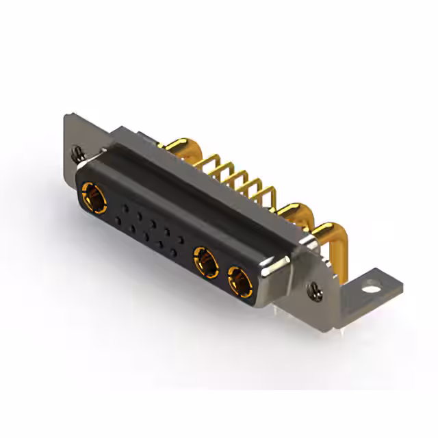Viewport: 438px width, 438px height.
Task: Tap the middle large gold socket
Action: point(205,261)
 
